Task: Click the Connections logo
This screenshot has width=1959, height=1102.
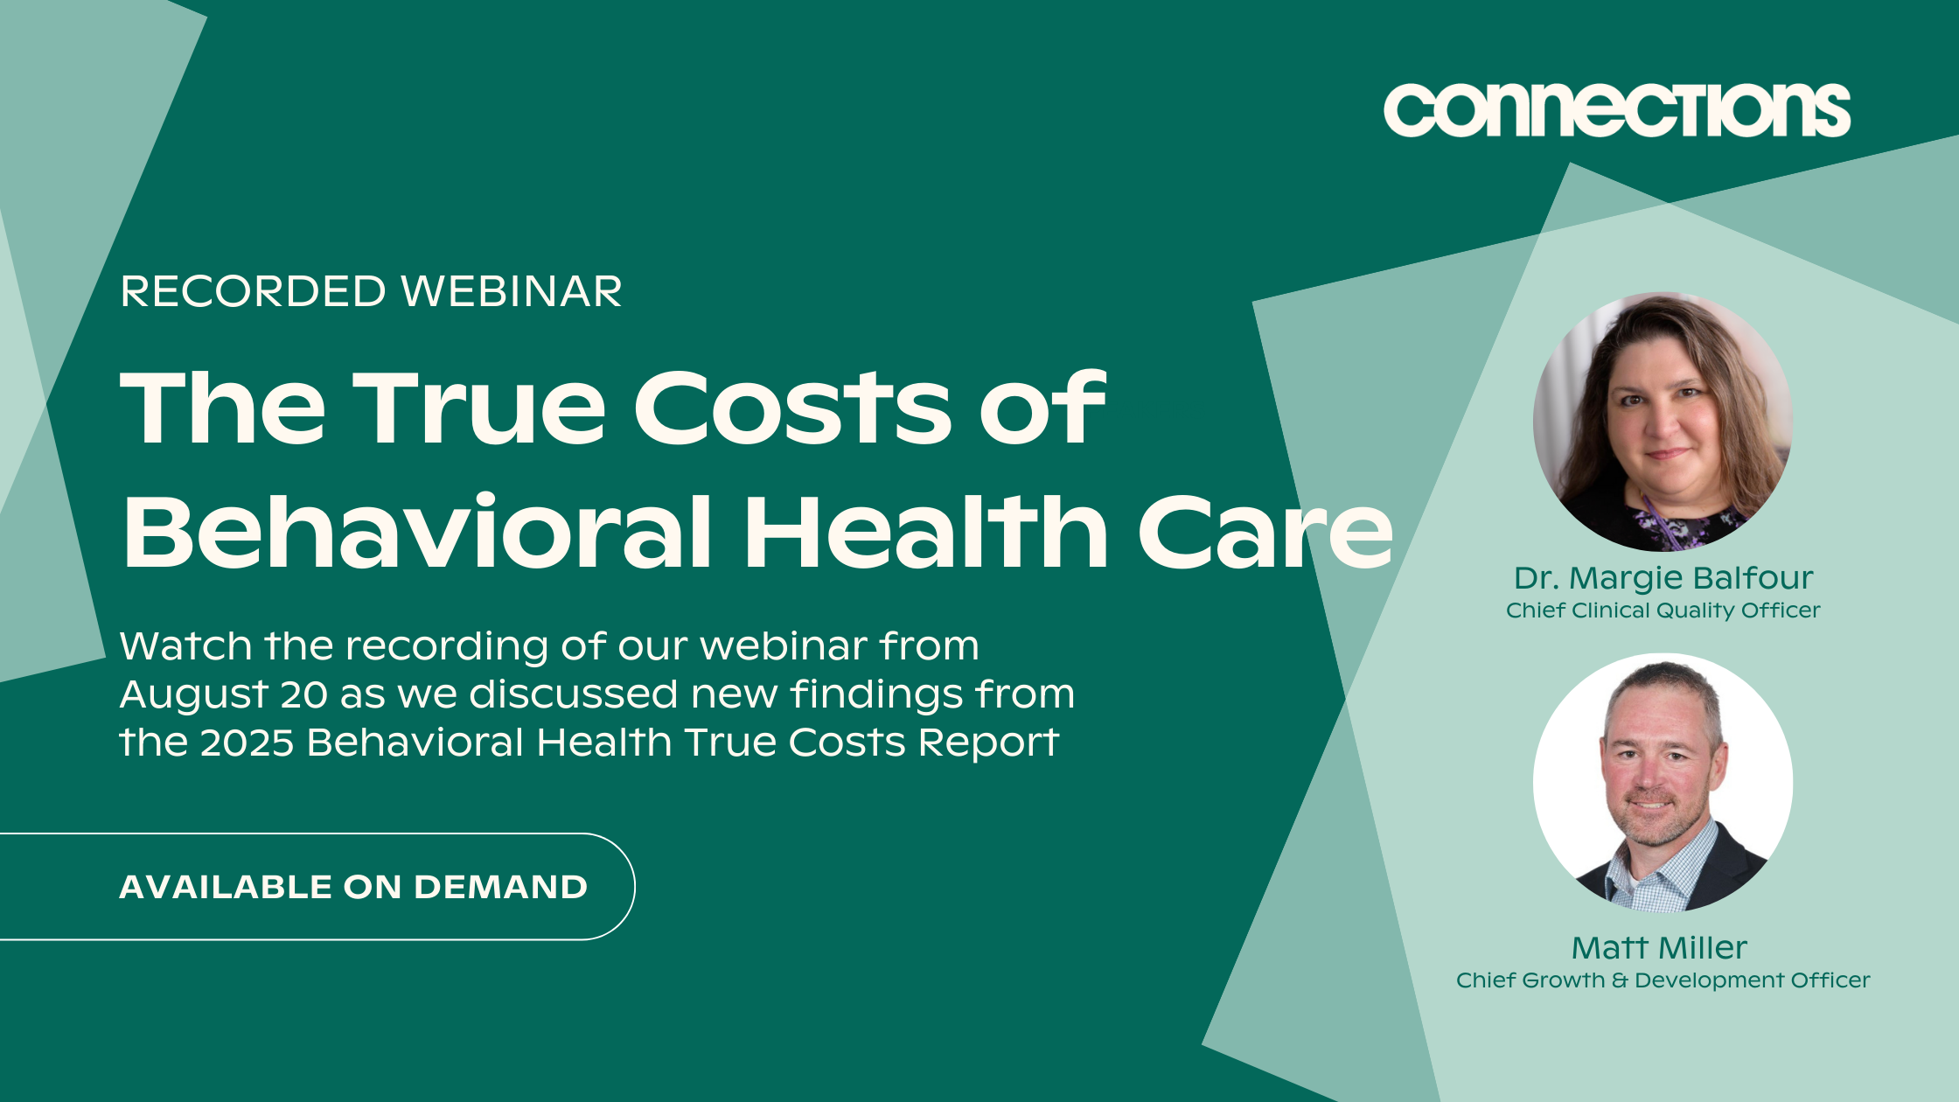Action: tap(1616, 110)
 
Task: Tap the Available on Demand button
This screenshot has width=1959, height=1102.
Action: tap(317, 887)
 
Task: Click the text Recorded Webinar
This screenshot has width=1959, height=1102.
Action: tap(371, 291)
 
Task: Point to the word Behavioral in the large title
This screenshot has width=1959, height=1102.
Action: tap(417, 530)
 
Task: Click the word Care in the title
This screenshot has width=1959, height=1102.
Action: tap(1265, 531)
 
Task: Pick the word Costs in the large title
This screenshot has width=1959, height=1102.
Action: tap(792, 407)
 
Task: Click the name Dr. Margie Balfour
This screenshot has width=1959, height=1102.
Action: tap(1663, 578)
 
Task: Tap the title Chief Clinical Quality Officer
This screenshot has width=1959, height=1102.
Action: tap(1663, 610)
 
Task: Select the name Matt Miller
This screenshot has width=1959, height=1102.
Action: tap(1659, 948)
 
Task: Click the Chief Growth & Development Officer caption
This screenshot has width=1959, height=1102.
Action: tap(1663, 980)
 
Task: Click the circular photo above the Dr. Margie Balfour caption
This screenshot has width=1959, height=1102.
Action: tap(1663, 422)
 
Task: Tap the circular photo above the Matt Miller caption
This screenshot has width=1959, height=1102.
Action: tap(1663, 783)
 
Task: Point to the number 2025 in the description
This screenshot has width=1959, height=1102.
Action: tap(247, 743)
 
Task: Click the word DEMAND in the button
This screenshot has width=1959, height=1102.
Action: tap(500, 887)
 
